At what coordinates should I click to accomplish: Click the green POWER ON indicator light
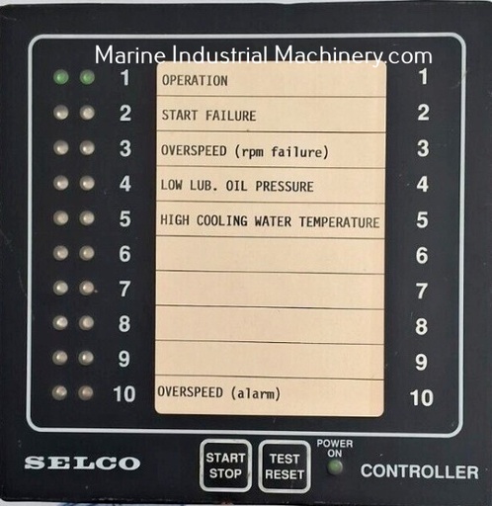[x=335, y=466]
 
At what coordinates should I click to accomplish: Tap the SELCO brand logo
[x=82, y=463]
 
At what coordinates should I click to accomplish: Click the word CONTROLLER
[x=420, y=471]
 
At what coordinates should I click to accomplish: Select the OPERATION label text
[x=195, y=81]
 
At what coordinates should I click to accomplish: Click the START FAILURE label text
[x=208, y=116]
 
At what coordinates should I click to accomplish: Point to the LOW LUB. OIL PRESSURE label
[x=237, y=186]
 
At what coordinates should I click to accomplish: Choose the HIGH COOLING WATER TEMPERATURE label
[x=270, y=221]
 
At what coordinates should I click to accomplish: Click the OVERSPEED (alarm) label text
[x=219, y=392]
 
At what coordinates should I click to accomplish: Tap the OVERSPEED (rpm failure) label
[x=245, y=151]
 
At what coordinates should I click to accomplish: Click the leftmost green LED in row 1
[x=61, y=77]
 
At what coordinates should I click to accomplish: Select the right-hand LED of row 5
[x=87, y=218]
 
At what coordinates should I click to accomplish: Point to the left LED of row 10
[x=60, y=392]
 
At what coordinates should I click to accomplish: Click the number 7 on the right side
[x=422, y=291]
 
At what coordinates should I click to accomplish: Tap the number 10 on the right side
[x=422, y=397]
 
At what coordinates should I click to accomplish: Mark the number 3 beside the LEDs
[x=125, y=148]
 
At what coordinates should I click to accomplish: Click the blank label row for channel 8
[x=270, y=325]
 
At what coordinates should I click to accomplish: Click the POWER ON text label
[x=335, y=449]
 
